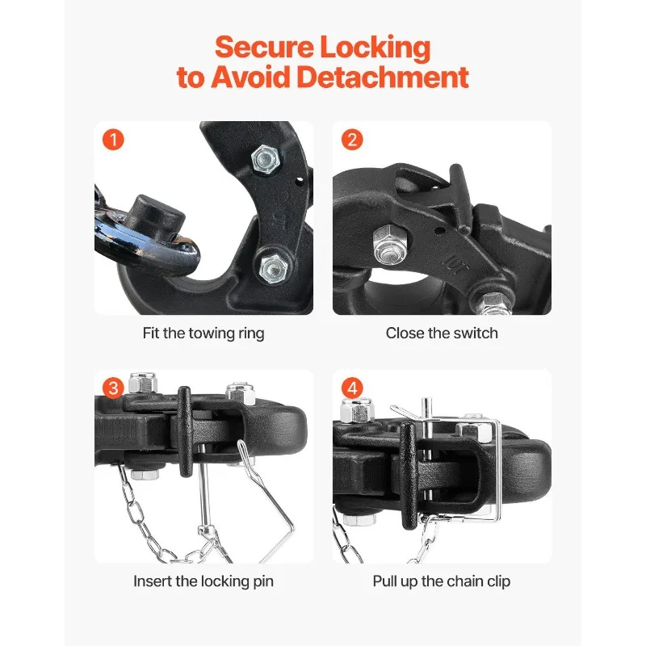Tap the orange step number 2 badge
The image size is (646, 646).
(x=352, y=140)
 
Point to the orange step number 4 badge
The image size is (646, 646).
(x=352, y=388)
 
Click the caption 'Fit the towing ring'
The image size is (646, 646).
(x=203, y=333)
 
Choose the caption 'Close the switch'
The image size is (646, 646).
(x=442, y=333)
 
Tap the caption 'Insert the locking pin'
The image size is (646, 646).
(x=203, y=581)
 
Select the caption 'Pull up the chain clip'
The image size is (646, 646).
(x=442, y=581)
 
